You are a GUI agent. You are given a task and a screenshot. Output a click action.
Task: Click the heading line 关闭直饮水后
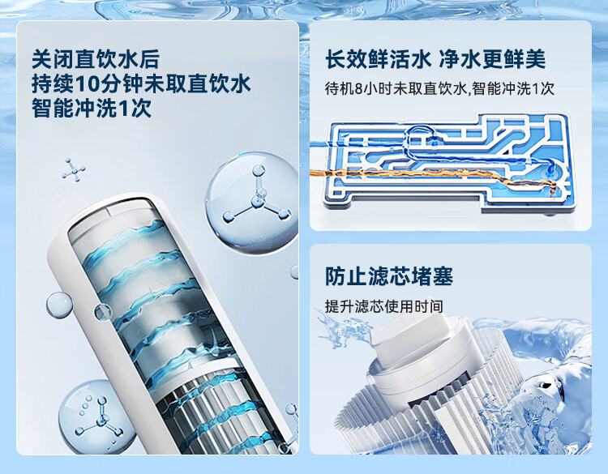[96, 59]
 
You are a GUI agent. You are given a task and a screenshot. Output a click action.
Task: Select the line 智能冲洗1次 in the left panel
[91, 108]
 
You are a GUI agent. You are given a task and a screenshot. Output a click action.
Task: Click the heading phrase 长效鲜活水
[378, 59]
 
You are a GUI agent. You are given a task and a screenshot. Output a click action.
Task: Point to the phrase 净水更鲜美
[492, 59]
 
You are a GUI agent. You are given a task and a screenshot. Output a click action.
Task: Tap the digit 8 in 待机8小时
[358, 89]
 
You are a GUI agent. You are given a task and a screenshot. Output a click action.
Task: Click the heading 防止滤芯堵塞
[389, 276]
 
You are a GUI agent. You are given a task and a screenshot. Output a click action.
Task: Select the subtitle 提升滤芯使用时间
[384, 306]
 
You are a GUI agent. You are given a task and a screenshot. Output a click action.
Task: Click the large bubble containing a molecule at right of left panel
[252, 203]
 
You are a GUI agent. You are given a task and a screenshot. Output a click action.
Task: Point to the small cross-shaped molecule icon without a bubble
[73, 169]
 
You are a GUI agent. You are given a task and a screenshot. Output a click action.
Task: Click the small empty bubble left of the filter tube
[59, 305]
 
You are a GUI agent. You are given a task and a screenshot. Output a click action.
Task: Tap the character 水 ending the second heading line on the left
[241, 84]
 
